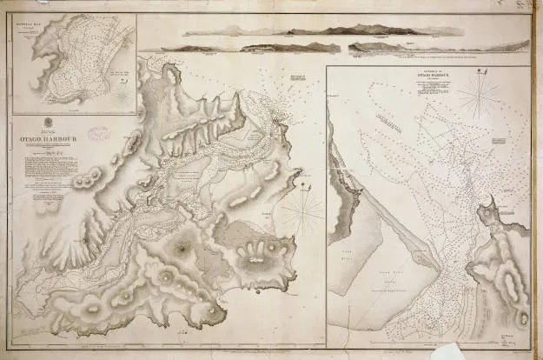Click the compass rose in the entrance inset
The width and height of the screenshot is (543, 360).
(478, 94)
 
